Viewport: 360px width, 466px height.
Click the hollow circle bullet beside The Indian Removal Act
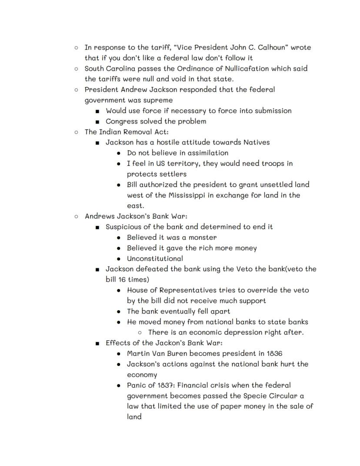tap(77, 132)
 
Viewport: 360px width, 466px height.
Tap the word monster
tap(202, 238)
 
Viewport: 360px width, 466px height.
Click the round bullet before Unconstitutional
tap(119, 259)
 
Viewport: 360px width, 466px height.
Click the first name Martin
tap(139, 353)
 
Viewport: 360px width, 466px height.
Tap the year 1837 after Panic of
tap(163, 385)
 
